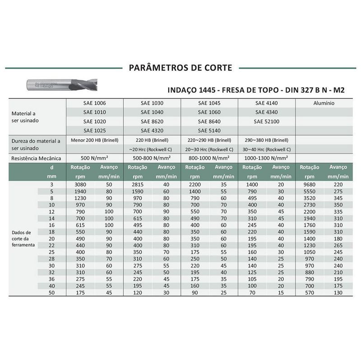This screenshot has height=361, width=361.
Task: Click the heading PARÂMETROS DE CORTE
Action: coord(180,68)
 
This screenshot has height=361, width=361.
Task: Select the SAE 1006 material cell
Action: coord(94,103)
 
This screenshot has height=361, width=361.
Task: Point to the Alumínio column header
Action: coord(324,103)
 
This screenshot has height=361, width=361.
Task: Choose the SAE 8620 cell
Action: coord(152,121)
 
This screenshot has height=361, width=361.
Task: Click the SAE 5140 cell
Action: coord(209,130)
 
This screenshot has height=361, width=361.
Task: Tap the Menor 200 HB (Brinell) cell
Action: coord(94,140)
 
